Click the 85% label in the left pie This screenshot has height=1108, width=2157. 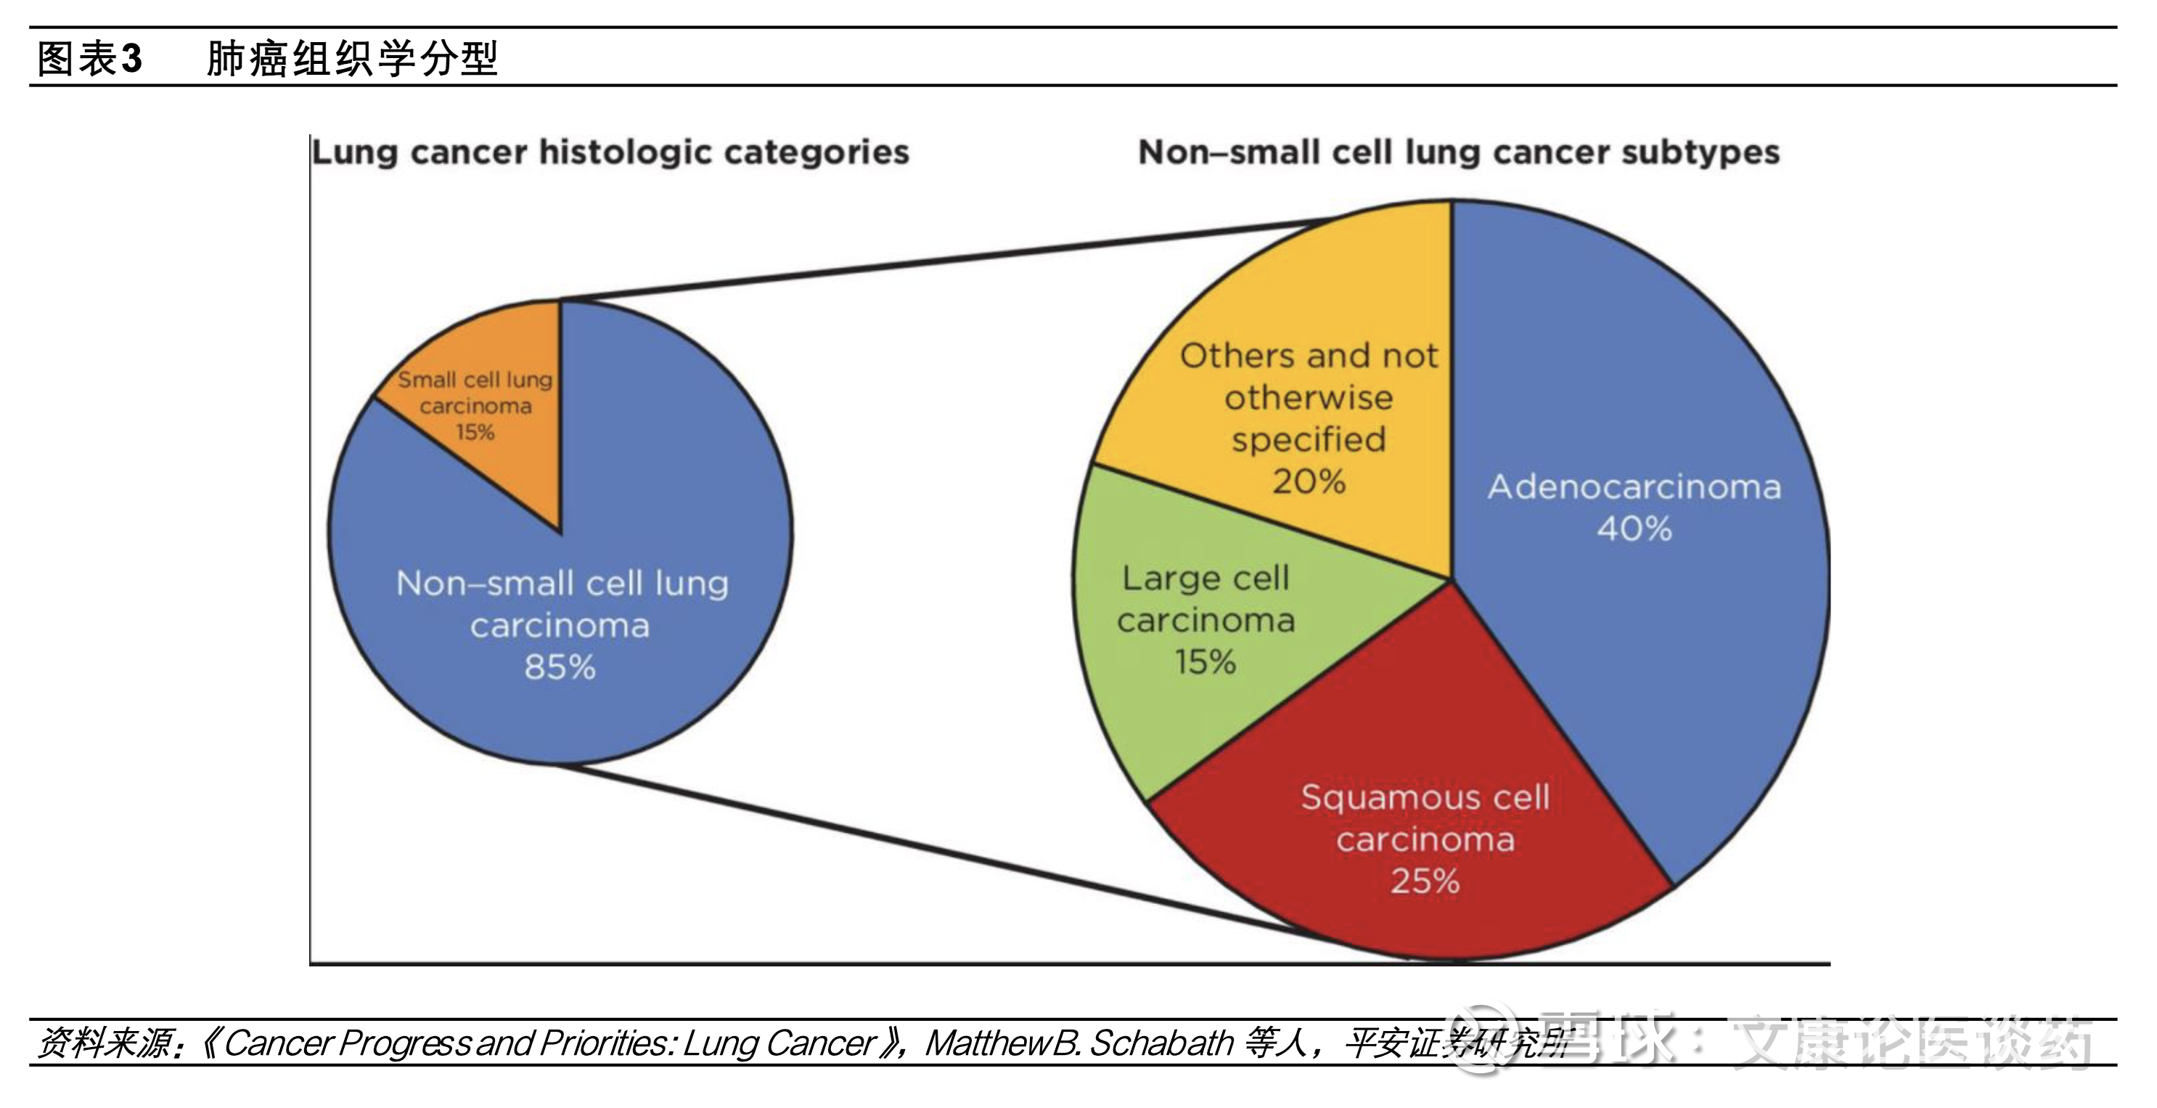pyautogui.click(x=560, y=667)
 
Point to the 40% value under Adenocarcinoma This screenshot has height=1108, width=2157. pyautogui.click(x=1634, y=529)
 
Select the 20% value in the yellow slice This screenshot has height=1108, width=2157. pyautogui.click(x=1309, y=481)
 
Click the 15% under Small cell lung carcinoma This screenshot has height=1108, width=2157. pyautogui.click(x=475, y=432)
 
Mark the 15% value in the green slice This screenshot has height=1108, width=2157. pyautogui.click(x=1205, y=662)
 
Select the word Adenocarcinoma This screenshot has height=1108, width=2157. pyautogui.click(x=1634, y=486)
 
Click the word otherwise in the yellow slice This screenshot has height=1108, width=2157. pyautogui.click(x=1309, y=398)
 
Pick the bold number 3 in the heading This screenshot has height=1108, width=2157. pyautogui.click(x=131, y=59)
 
